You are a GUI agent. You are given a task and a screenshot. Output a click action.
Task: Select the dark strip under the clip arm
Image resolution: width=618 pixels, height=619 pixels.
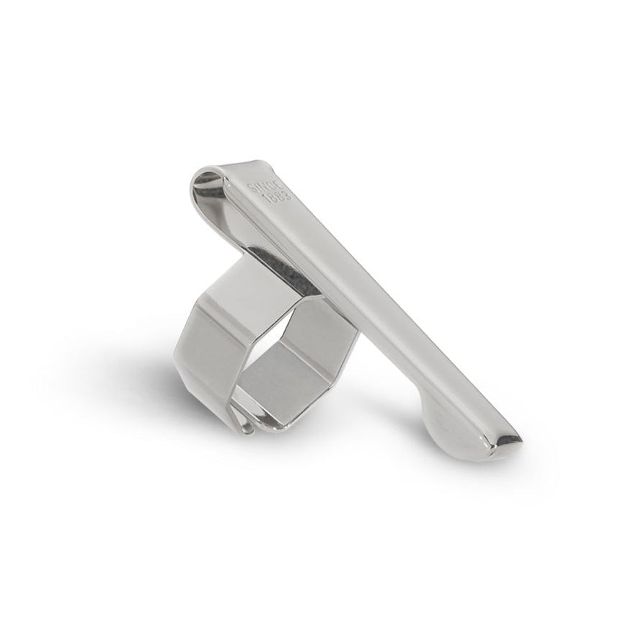coord(288,274)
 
